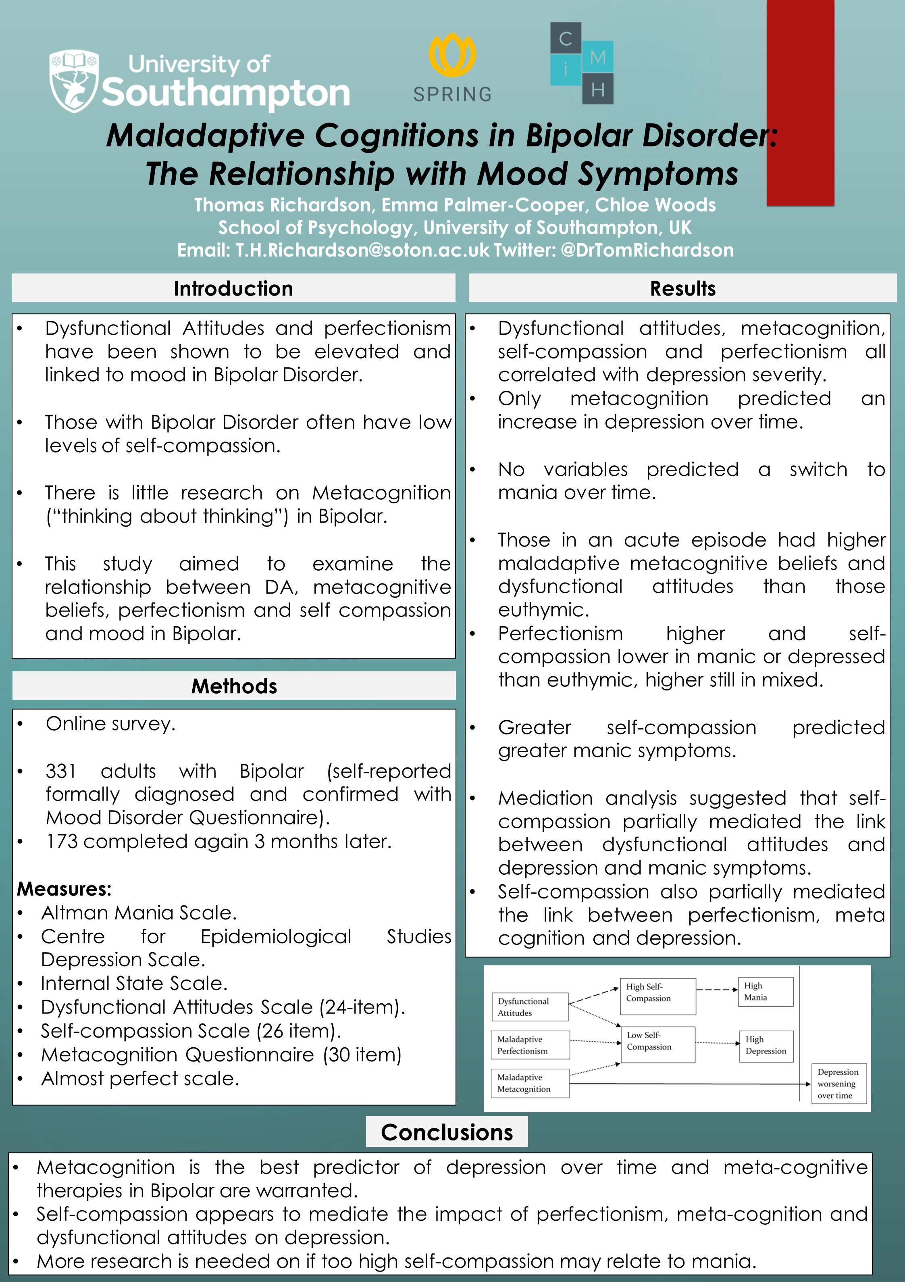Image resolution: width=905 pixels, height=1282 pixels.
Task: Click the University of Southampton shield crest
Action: pos(74,81)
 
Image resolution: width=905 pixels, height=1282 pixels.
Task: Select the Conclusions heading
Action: pos(447,1132)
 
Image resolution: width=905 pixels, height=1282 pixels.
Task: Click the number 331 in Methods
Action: pos(61,771)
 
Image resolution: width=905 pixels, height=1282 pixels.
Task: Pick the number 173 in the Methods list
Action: pos(62,842)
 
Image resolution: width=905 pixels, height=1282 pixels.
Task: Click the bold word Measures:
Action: pos(64,889)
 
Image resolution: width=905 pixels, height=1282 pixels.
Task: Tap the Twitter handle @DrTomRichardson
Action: pos(647,250)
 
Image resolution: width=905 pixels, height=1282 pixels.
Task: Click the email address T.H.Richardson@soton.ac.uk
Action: pos(362,250)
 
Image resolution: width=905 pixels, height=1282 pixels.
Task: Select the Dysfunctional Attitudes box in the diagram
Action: pos(529,1007)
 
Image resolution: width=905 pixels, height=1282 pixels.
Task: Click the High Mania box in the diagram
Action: pos(766,992)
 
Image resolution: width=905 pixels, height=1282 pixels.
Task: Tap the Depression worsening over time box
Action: pos(838,1084)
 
